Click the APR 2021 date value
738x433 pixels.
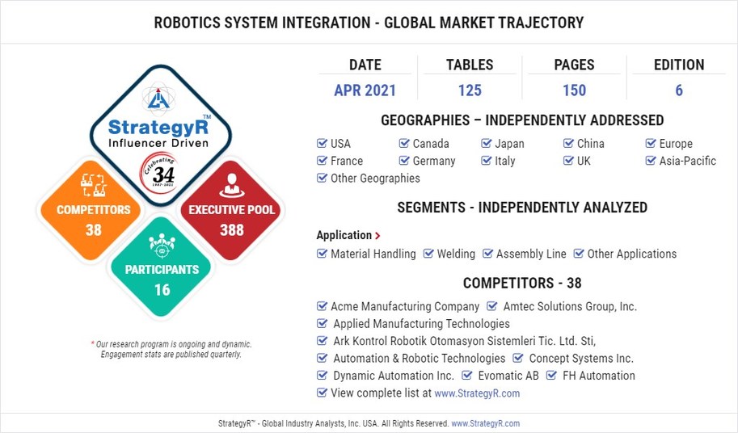click(365, 90)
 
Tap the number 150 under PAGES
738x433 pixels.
click(574, 90)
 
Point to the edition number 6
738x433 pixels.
click(679, 90)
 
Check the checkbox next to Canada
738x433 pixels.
click(404, 144)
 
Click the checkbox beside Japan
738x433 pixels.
click(487, 144)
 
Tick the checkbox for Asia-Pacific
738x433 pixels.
click(652, 161)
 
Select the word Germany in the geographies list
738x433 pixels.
click(434, 161)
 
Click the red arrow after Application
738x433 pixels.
click(377, 236)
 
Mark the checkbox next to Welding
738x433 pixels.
click(428, 254)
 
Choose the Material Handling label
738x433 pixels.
click(373, 254)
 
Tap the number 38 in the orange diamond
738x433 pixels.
click(94, 230)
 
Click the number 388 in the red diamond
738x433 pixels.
click(232, 230)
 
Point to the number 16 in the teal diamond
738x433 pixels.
click(162, 289)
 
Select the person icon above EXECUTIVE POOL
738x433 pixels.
click(232, 185)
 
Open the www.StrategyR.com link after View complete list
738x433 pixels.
click(477, 393)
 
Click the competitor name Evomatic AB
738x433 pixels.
click(508, 376)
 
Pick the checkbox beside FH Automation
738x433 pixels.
click(552, 376)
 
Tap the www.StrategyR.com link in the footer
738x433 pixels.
click(485, 423)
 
